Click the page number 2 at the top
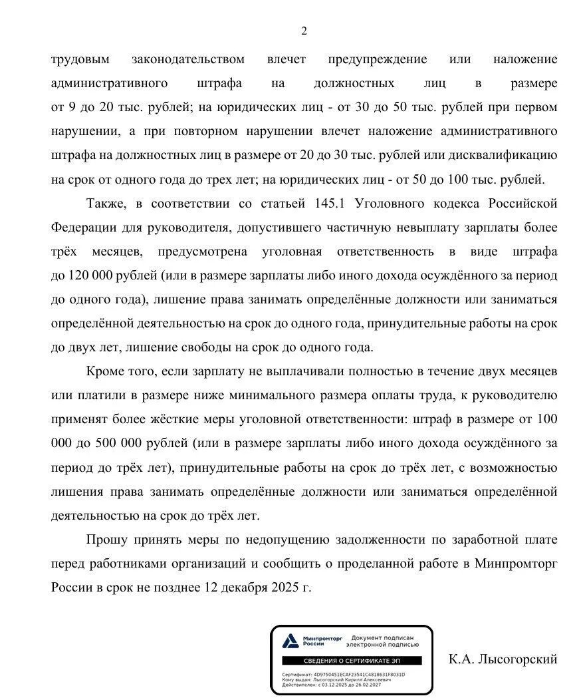[x=304, y=31]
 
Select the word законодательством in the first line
[x=188, y=59]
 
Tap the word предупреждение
[x=378, y=59]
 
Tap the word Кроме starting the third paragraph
[x=104, y=371]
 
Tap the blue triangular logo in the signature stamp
[x=290, y=641]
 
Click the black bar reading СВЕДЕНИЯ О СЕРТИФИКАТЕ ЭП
[x=351, y=661]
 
